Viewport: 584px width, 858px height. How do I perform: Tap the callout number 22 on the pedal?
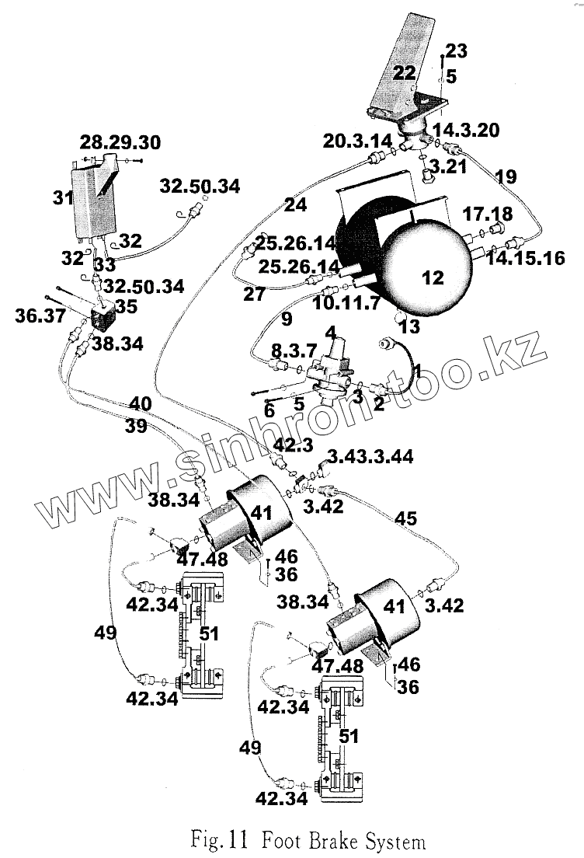tap(405, 72)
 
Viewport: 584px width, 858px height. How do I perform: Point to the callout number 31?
tap(63, 197)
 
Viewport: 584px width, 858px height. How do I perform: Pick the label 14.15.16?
tap(525, 257)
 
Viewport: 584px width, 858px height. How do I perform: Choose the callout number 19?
tap(505, 177)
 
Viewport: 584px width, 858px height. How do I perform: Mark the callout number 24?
tap(295, 205)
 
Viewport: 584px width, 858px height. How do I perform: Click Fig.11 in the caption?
tap(220, 840)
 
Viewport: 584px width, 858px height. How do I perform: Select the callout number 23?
tap(457, 51)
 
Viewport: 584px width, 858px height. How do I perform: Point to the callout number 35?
tap(125, 306)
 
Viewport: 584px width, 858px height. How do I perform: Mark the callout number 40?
tap(141, 403)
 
